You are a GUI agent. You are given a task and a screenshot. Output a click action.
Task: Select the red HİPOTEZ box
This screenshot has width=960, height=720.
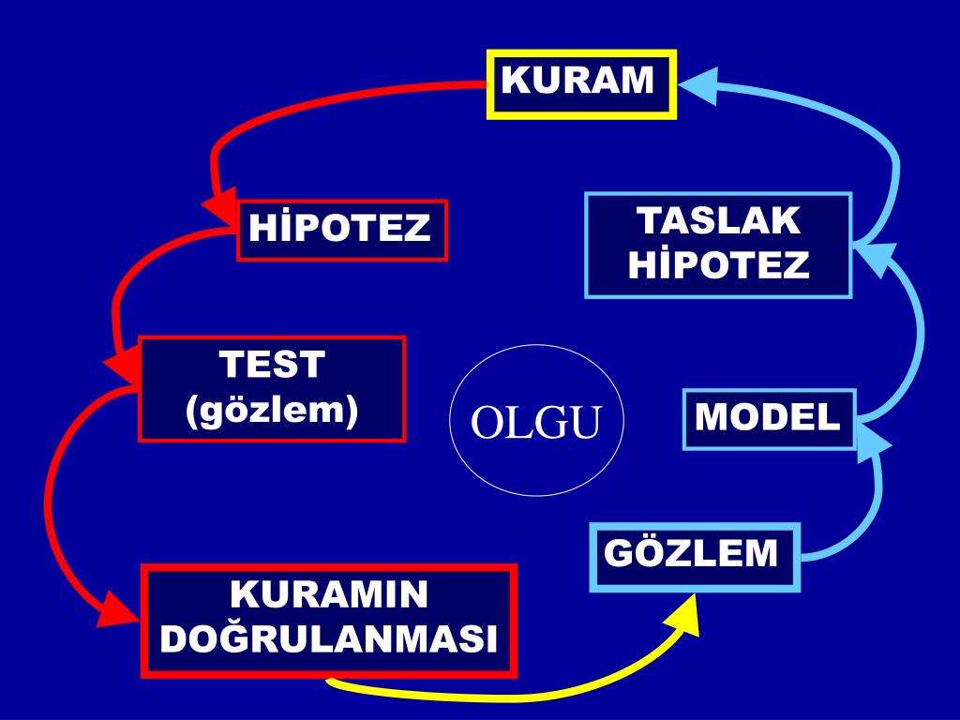pos(342,230)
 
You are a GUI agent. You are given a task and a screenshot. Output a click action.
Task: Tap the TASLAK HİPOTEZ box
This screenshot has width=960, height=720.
pos(718,245)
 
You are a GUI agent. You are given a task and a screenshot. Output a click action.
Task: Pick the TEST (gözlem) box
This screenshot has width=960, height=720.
pos(272,388)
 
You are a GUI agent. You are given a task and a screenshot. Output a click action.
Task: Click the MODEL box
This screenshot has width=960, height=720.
pos(769,419)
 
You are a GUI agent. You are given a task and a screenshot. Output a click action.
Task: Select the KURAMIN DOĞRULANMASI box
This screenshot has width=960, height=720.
pos(328,620)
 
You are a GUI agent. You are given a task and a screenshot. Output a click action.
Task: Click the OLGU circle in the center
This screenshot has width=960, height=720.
pos(535,421)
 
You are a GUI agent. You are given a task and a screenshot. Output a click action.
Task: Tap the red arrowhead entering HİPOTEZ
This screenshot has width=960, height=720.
pos(221,208)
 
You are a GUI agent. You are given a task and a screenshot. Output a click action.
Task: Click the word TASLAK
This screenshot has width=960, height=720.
pos(719,222)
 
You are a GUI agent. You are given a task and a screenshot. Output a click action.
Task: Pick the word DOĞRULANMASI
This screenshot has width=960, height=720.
pos(328,640)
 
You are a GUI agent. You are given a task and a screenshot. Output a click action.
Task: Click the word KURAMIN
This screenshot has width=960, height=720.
pos(328,596)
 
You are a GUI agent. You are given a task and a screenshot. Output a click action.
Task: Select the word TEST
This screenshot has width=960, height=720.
pos(272,365)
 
